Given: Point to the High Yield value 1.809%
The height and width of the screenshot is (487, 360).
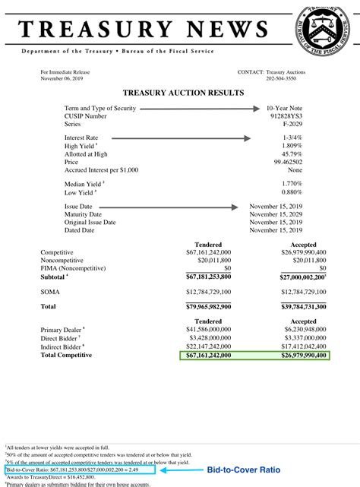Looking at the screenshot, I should pyautogui.click(x=313, y=145).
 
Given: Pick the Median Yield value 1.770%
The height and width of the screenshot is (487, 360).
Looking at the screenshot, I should pyautogui.click(x=313, y=183).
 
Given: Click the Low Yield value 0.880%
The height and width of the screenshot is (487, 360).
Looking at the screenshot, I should pyautogui.click(x=313, y=192).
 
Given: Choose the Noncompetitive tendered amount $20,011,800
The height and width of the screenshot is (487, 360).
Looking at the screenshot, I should pyautogui.click(x=211, y=260).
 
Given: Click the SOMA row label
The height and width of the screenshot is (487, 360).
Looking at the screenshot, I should pyautogui.click(x=50, y=291).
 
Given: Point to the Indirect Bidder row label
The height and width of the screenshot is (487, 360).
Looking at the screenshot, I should pyautogui.click(x=63, y=347).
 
